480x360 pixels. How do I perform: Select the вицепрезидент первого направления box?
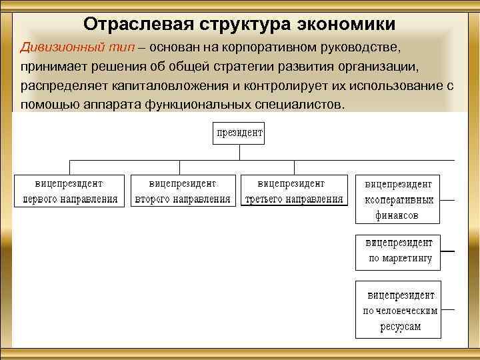pyautogui.click(x=70, y=191)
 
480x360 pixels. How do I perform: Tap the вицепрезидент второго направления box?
pyautogui.click(x=183, y=191)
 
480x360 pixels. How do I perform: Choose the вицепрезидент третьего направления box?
pyautogui.click(x=294, y=191)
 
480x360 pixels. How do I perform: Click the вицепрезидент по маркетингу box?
pyautogui.click(x=398, y=251)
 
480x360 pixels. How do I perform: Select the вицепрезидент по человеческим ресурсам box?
pyautogui.click(x=398, y=310)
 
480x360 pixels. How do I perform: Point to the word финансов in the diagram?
pyautogui.click(x=398, y=216)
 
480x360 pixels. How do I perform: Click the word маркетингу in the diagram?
pyautogui.click(x=407, y=259)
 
